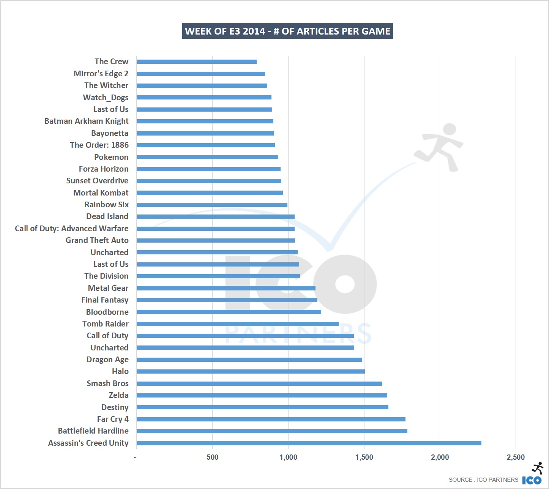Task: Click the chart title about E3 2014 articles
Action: [x=287, y=31]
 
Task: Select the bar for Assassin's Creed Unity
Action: [x=309, y=443]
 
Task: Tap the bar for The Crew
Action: [x=197, y=62]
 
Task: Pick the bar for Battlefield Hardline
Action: [x=272, y=431]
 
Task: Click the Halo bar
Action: [x=251, y=371]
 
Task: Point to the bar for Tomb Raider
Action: [x=238, y=324]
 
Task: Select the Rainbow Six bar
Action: [x=212, y=205]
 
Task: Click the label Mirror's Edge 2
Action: [x=101, y=74]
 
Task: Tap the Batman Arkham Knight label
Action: [x=87, y=121]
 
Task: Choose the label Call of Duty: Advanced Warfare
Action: [x=72, y=229]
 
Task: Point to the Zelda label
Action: [x=118, y=395]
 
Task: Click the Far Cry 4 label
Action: [x=113, y=419]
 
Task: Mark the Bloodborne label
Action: [x=107, y=312]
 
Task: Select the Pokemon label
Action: [x=111, y=157]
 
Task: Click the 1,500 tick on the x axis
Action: [x=364, y=457]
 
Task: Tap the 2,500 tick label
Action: [x=516, y=457]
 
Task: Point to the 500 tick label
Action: [x=212, y=457]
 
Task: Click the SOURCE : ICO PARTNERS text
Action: [x=483, y=480]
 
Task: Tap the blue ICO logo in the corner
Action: [x=532, y=480]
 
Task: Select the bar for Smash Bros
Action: [x=259, y=383]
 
